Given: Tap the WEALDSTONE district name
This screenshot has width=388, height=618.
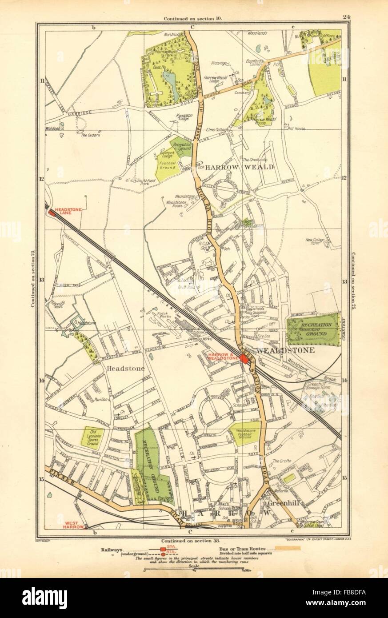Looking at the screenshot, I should click(x=292, y=350).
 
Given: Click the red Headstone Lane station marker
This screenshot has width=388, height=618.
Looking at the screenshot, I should click(x=52, y=213).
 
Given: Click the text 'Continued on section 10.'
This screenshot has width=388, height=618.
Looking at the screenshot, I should click(x=192, y=19).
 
